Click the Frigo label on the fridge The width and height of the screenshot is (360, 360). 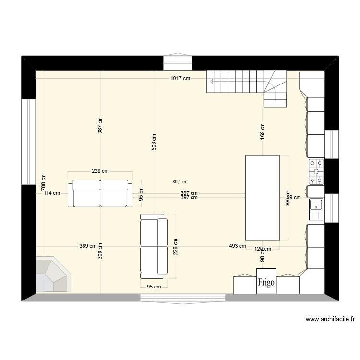[x=266, y=282]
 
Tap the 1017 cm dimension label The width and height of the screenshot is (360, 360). [x=179, y=78]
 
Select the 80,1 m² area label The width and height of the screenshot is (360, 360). [x=180, y=182]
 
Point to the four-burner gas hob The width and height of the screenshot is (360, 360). [x=316, y=171]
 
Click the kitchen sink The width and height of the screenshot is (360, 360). [x=316, y=210]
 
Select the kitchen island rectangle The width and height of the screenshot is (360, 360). [x=263, y=197]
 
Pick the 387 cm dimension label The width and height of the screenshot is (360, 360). [x=100, y=126]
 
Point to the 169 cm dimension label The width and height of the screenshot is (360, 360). [x=263, y=131]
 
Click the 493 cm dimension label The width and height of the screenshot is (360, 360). [x=237, y=246]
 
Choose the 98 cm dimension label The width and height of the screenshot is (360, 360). [x=263, y=258]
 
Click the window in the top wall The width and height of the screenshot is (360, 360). [x=178, y=63]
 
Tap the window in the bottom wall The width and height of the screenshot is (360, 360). [x=183, y=298]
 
